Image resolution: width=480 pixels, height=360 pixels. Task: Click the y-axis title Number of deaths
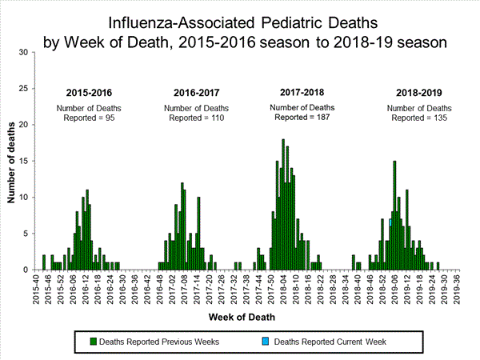[12, 160]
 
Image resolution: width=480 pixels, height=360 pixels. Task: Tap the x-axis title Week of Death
[244, 317]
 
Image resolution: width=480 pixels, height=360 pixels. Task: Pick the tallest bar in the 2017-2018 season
[283, 205]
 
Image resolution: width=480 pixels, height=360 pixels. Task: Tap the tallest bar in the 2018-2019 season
[394, 215]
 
